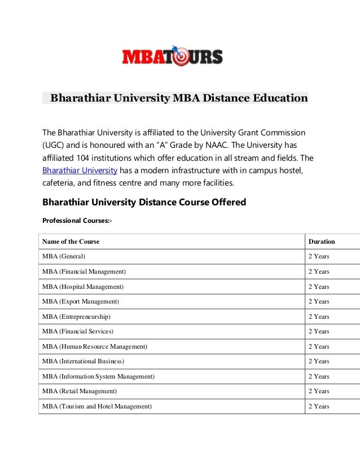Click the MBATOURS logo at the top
tap(172, 56)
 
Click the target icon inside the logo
tap(181, 56)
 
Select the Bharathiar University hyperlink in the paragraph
tap(80, 170)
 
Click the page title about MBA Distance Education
tap(179, 98)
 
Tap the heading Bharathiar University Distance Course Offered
tap(144, 202)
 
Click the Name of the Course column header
tap(71, 241)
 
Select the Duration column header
tap(321, 241)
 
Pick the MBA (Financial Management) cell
tap(84, 271)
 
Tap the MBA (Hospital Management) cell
tap(82, 287)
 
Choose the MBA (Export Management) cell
tap(81, 301)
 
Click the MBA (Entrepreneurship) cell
tap(76, 316)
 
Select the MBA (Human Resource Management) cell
tap(94, 346)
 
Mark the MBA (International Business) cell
tap(83, 361)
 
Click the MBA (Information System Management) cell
tap(98, 376)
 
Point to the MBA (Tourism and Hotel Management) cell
tap(96, 406)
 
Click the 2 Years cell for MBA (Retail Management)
tap(318, 391)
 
